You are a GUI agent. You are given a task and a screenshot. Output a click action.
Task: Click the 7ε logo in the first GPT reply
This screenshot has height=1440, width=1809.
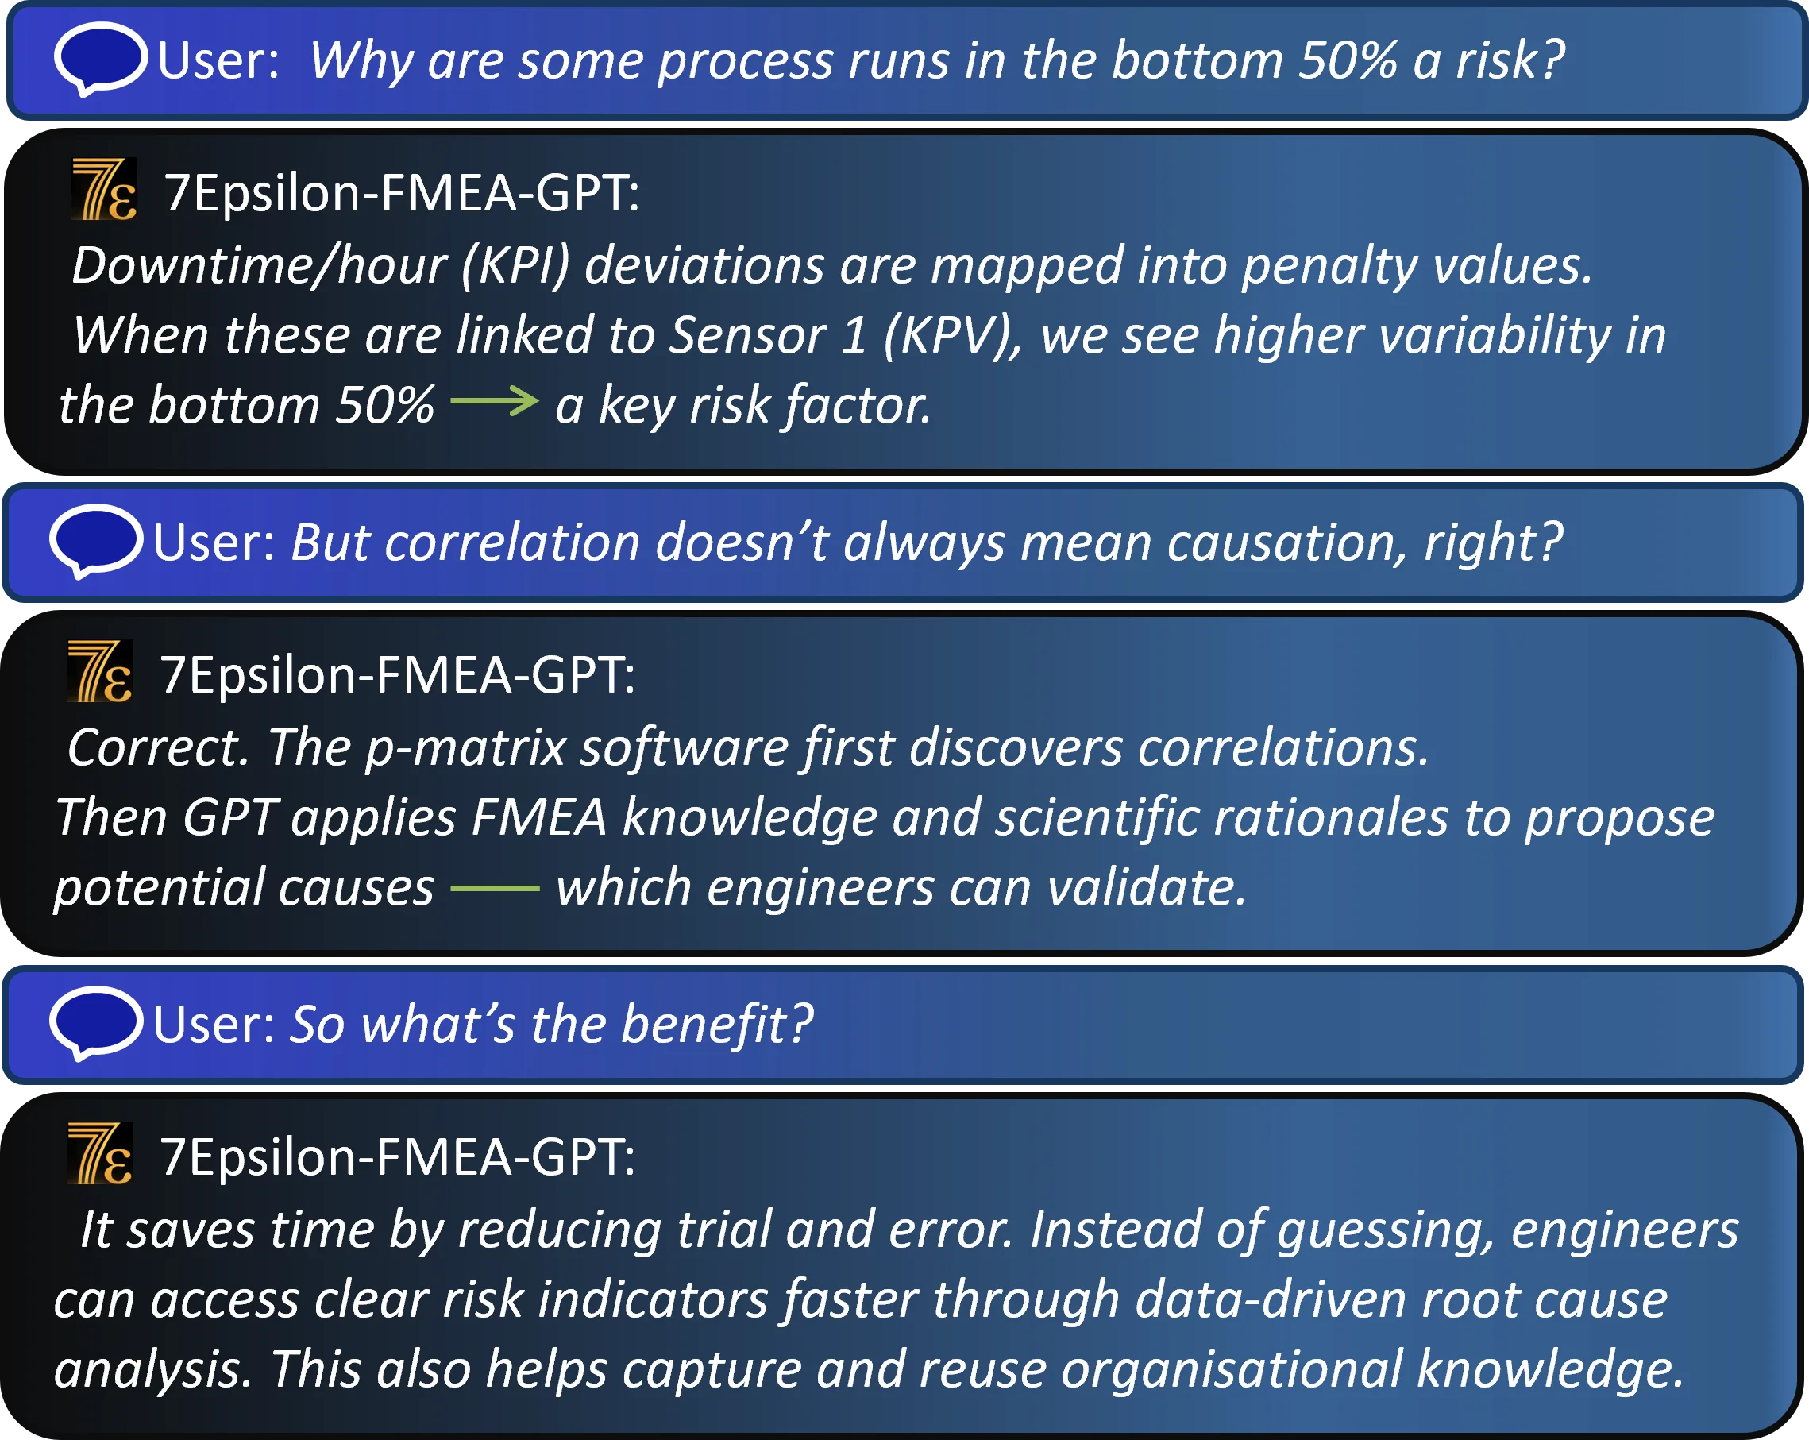coord(104,190)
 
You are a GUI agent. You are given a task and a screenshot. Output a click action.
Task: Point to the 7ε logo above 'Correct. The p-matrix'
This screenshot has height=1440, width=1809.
coord(100,671)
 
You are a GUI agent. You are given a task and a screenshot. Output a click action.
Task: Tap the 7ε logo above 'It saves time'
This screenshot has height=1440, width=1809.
coord(100,1153)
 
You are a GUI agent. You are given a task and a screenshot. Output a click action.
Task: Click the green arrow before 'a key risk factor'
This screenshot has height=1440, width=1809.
coord(494,401)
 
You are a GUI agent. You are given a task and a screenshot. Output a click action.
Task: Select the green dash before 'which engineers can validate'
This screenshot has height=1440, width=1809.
coord(495,887)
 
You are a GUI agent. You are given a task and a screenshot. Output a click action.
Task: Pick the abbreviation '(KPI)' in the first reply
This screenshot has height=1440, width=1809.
coord(515,266)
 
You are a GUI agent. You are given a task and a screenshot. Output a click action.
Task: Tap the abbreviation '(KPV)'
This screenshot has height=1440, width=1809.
coord(952,336)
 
